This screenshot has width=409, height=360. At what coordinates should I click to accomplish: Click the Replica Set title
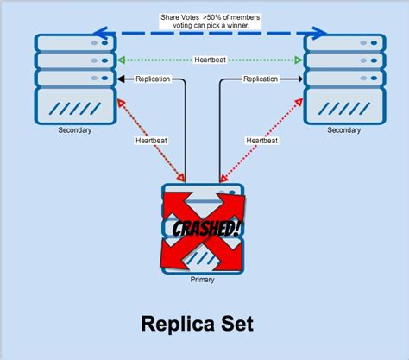tap(199, 324)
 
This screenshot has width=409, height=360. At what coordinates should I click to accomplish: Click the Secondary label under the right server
tap(343, 131)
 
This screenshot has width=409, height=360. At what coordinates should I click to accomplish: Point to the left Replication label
tap(152, 79)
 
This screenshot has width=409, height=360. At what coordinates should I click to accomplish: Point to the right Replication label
tap(260, 79)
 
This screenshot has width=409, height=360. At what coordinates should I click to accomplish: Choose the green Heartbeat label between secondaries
tap(211, 60)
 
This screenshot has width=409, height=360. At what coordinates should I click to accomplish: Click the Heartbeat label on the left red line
tap(152, 140)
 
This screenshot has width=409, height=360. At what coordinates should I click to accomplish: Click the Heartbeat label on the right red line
tap(262, 140)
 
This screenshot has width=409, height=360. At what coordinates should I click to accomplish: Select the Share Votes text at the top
tap(210, 22)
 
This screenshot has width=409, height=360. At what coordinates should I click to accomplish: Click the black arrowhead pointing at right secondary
tap(299, 79)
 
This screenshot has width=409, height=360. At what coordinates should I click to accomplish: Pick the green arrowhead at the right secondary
tap(299, 60)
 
